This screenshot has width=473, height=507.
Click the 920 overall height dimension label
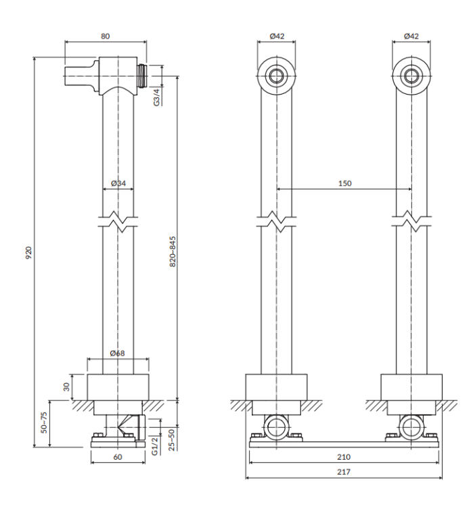coord(28,253)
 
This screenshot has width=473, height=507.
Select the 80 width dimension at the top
coord(105,36)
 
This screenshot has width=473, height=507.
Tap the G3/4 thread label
coord(156,97)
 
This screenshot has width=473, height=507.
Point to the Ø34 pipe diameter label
coord(118,183)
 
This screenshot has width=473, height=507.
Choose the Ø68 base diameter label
coord(118,352)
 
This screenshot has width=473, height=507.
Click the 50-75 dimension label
coord(45,422)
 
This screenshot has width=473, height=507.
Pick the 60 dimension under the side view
coord(118,457)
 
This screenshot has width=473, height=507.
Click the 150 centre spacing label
coord(344,183)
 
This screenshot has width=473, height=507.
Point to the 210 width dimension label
coord(344,457)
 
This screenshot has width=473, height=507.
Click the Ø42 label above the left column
coord(276,36)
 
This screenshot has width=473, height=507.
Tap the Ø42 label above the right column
coord(411,36)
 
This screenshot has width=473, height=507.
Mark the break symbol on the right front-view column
coord(411,220)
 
